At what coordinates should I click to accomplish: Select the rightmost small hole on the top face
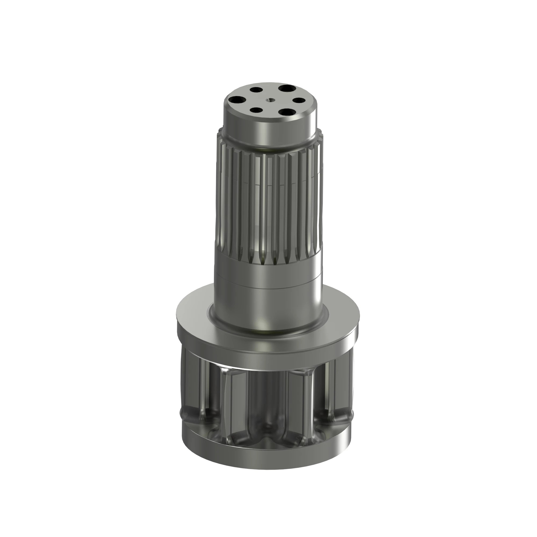click(x=299, y=100)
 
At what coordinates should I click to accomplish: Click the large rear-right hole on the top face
click(x=285, y=89)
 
